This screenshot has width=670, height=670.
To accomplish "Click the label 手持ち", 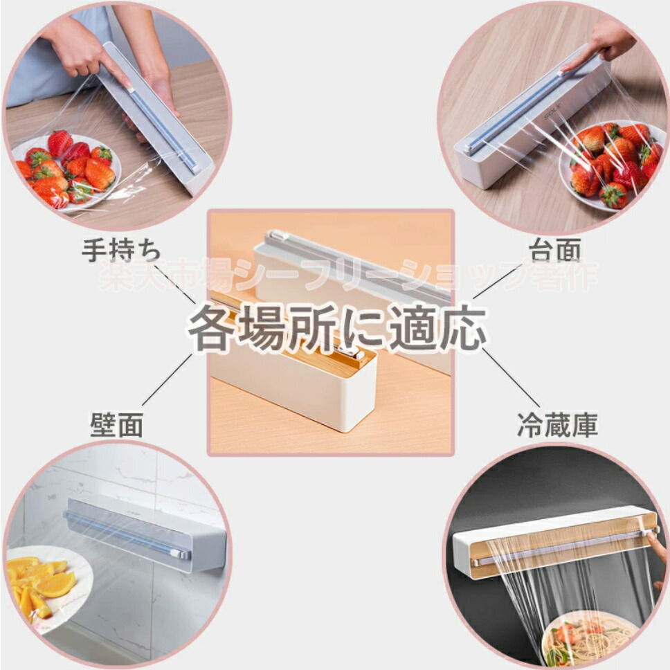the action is point(121,251).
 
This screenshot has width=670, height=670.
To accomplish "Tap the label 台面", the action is point(554,250).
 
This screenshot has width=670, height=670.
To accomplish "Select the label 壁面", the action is point(116,425).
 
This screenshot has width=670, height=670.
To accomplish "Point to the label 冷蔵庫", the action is point(557,425).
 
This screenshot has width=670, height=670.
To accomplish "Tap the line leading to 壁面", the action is point(168,379).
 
